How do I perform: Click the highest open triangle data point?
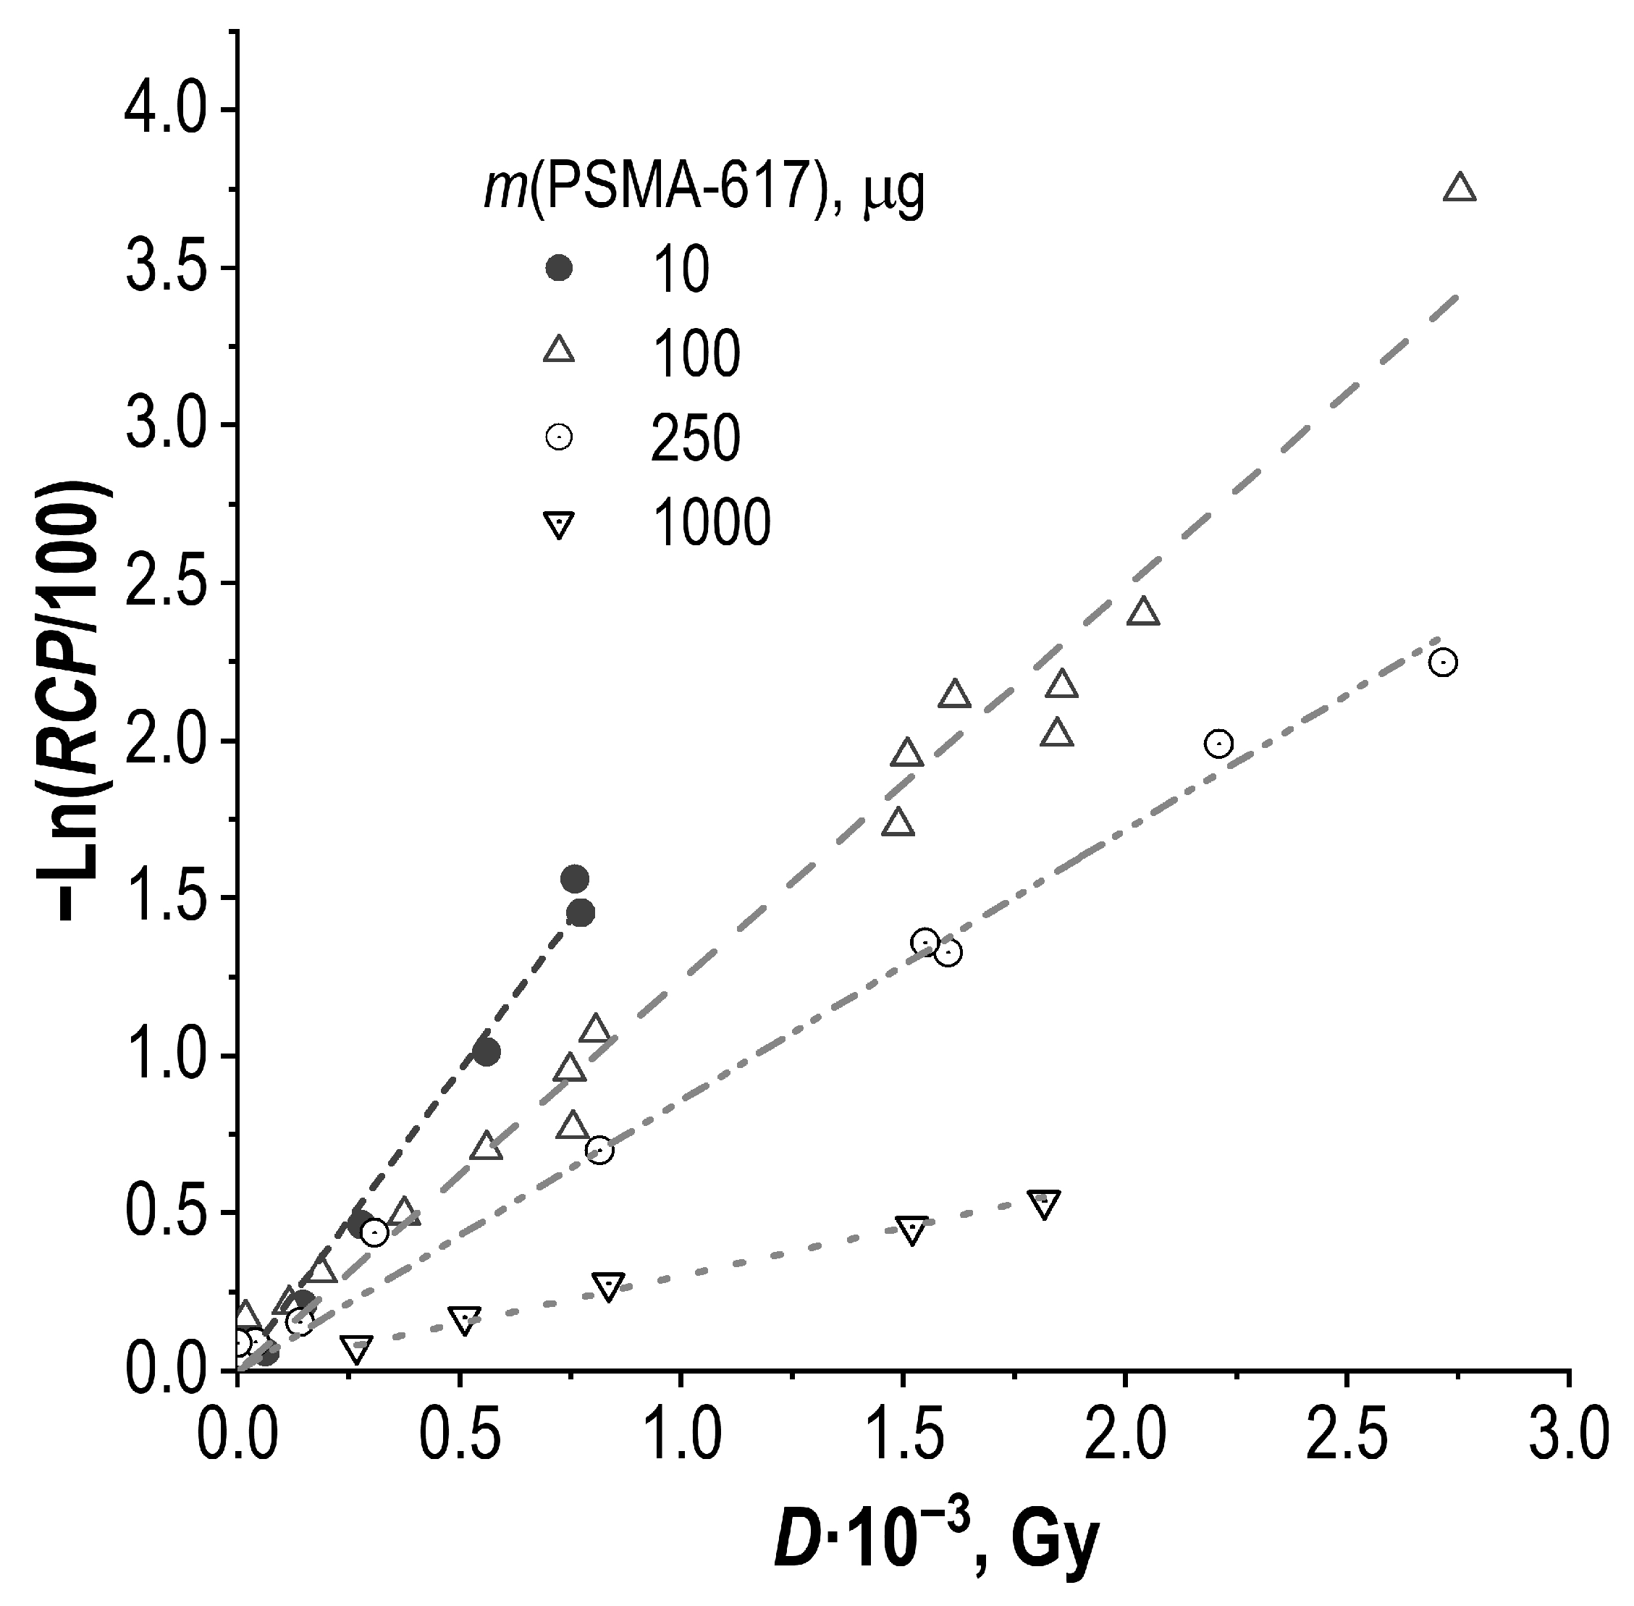(x=1460, y=188)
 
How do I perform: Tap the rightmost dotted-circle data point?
(x=1444, y=662)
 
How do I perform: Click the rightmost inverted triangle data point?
(x=1045, y=1205)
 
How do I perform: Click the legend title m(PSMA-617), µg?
(x=704, y=188)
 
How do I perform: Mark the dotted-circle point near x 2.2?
(x=1218, y=743)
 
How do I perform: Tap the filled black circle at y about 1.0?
(x=487, y=1052)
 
